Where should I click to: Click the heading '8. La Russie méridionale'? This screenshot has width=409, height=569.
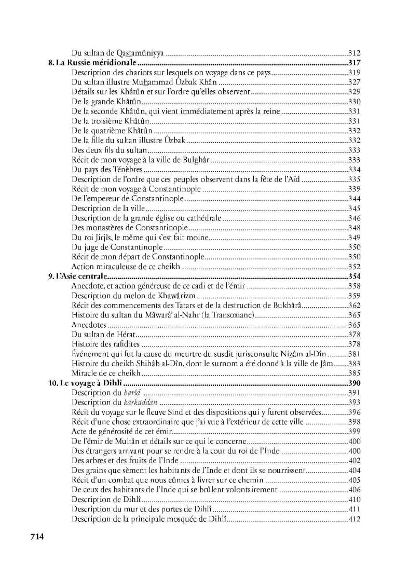pos(89,63)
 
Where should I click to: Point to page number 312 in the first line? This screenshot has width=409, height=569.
pos(354,53)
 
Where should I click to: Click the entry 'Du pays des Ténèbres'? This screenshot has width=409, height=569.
pos(107,169)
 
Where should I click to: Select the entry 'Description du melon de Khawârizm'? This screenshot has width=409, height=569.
pos(132,296)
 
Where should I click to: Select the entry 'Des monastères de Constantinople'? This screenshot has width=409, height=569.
pos(129,227)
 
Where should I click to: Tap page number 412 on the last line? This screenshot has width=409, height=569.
pos(354,519)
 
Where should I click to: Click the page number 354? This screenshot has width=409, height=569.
pos(354,276)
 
